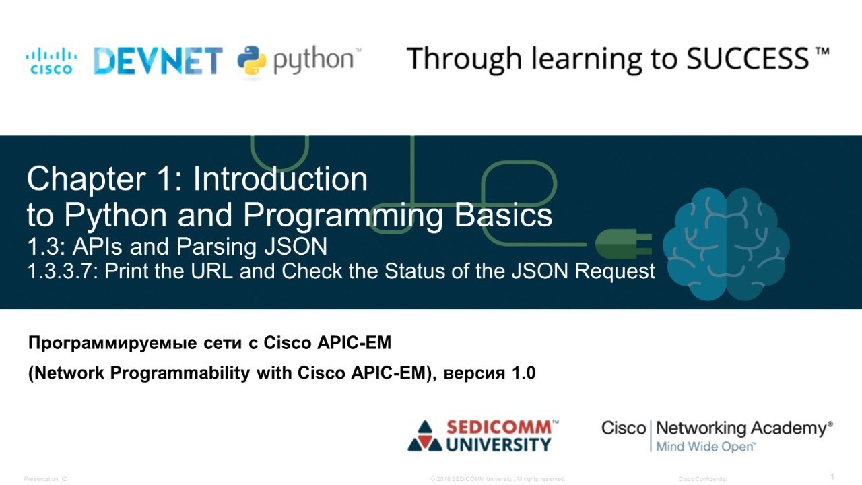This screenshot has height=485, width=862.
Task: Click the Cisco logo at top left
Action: pyautogui.click(x=51, y=61)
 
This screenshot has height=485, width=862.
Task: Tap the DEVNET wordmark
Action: pyautogui.click(x=158, y=61)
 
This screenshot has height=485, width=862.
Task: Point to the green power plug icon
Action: pyautogui.click(x=624, y=242)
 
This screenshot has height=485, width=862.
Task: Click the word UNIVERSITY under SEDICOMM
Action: pyautogui.click(x=499, y=445)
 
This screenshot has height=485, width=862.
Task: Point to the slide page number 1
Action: pyautogui.click(x=832, y=477)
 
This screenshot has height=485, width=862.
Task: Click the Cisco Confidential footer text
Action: pyautogui.click(x=702, y=479)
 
